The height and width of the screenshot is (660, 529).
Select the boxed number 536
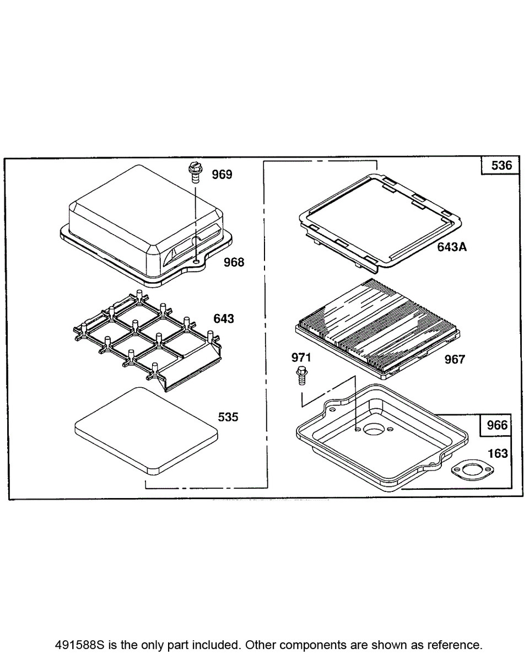(x=501, y=165)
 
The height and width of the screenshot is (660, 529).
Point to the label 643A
(x=452, y=247)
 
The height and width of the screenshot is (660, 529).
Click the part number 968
(x=234, y=262)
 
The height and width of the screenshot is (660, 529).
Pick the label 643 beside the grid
(x=224, y=318)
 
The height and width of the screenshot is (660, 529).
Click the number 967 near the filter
(x=455, y=359)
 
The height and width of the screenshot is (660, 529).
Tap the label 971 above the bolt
(x=301, y=358)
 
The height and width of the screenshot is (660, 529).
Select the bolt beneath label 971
(x=301, y=376)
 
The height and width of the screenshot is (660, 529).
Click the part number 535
(x=228, y=417)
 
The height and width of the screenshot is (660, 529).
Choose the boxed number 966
(x=496, y=425)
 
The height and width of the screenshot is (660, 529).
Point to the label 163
(x=498, y=453)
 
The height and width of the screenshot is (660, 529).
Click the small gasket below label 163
(x=473, y=470)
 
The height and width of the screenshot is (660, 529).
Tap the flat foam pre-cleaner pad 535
(x=146, y=430)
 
